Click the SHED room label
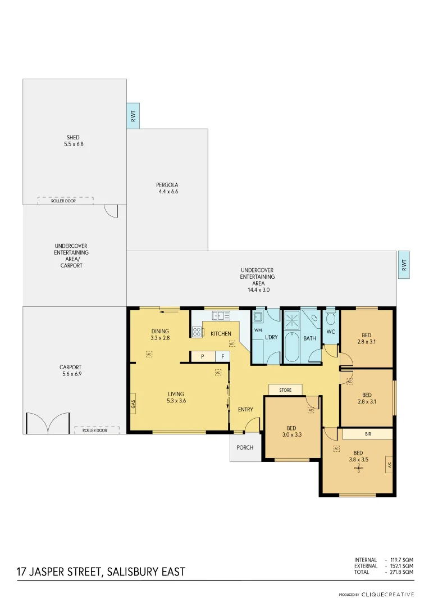(x=73, y=141)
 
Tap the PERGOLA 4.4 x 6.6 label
(x=167, y=188)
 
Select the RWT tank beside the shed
(x=133, y=116)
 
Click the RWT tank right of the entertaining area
(x=403, y=265)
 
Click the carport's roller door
(x=97, y=430)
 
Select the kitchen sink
(x=221, y=316)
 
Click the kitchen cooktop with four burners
(x=197, y=332)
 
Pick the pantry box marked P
(x=202, y=356)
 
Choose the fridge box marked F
(x=223, y=356)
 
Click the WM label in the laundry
(x=258, y=330)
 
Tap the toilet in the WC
(x=331, y=320)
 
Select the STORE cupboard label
(x=285, y=389)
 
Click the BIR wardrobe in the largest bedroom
(x=368, y=434)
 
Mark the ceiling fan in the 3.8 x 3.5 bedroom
(x=357, y=468)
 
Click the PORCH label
(x=245, y=448)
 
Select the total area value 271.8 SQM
(x=401, y=572)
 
